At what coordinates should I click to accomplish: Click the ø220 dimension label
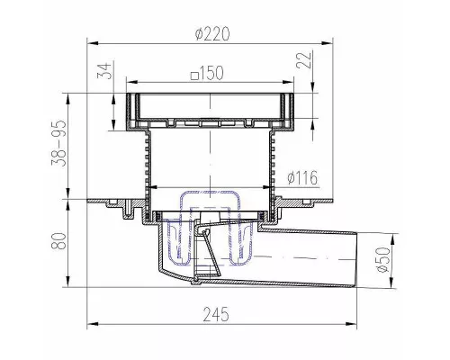212,33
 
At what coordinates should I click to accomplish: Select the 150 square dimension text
208,73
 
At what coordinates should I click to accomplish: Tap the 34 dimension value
104,70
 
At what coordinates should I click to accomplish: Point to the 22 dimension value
304,60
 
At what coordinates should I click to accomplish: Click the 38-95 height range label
58,143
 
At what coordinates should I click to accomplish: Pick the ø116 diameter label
302,178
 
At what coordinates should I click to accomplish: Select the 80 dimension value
58,240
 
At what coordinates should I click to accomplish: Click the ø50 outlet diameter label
383,259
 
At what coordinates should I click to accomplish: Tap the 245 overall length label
216,314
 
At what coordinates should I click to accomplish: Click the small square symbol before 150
195,76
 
